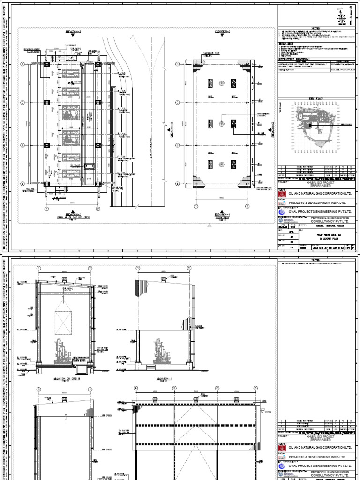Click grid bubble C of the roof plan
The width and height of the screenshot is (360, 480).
pyautogui.click(x=177, y=102)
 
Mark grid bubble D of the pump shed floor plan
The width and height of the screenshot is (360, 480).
pyautogui.click(x=22, y=64)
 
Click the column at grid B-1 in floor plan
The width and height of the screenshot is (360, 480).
pyautogui.click(x=46, y=145)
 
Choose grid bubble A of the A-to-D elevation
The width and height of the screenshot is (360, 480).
pyautogui.click(x=136, y=388)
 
